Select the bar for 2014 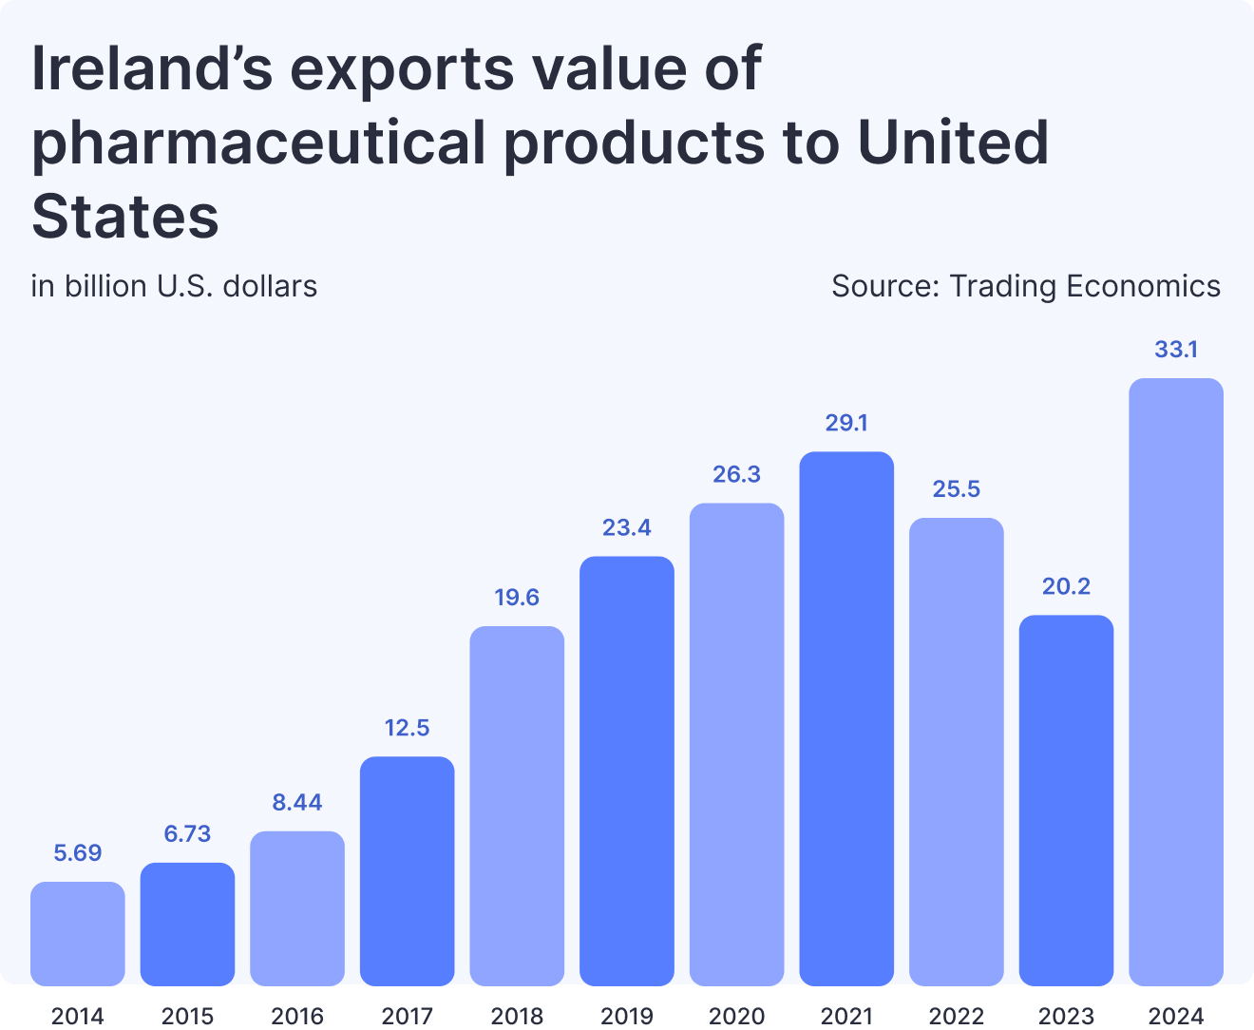(78, 933)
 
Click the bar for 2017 (408, 870)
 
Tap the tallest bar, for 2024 (1176, 681)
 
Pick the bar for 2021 (846, 718)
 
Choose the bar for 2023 (1066, 800)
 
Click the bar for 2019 (627, 771)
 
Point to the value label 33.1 (1176, 350)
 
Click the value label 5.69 (78, 853)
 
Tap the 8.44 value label (297, 803)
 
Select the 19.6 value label (517, 598)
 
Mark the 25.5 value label (956, 489)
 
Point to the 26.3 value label (736, 474)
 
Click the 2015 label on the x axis (188, 1016)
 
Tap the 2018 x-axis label (517, 1016)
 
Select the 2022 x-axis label (956, 1016)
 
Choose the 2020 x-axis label (736, 1016)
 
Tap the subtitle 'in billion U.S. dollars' (174, 286)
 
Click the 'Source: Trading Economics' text (1025, 286)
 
